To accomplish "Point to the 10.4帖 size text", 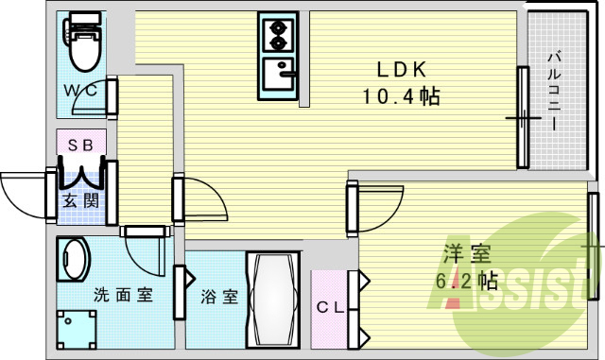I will coord(402,95).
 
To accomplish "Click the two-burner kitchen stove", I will coord(278,34).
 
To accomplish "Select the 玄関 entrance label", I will coord(78,200).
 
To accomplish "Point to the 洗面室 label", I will coord(123,294).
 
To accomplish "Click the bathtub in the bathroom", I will coord(273,300).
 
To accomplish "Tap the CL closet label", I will coord(329,306).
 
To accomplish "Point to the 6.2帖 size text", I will coord(467,281).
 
